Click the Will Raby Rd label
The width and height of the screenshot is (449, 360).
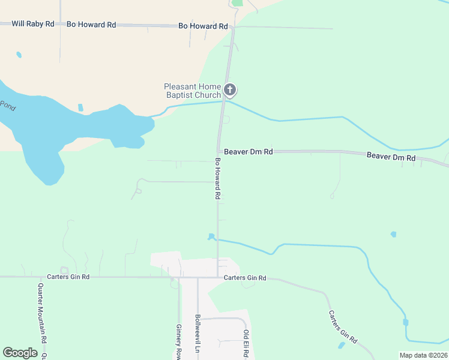pyautogui.click(x=33, y=24)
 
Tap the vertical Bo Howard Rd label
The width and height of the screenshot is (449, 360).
pyautogui.click(x=218, y=179)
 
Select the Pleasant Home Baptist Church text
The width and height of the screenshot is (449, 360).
pyautogui.click(x=193, y=91)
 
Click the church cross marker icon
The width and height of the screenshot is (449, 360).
pyautogui.click(x=229, y=90)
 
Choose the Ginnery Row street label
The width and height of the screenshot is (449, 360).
pyautogui.click(x=178, y=341)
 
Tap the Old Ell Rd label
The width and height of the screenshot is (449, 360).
pyautogui.click(x=246, y=343)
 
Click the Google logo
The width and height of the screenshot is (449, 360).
pyautogui.click(x=20, y=352)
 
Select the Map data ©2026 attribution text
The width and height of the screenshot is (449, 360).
pyautogui.click(x=423, y=355)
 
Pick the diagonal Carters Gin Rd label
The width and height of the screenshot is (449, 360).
pyautogui.click(x=342, y=327)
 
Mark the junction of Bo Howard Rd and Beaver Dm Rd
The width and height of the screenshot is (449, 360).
pyautogui.click(x=218, y=151)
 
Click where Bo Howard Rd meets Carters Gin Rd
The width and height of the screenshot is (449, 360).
pyautogui.click(x=217, y=277)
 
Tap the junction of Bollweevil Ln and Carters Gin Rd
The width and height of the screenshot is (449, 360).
pyautogui.click(x=197, y=277)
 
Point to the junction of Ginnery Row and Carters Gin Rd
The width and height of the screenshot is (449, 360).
pyautogui.click(x=178, y=277)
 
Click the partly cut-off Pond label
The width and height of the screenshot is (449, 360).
pyautogui.click(x=7, y=106)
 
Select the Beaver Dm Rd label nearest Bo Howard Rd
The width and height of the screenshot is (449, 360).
pyautogui.click(x=249, y=152)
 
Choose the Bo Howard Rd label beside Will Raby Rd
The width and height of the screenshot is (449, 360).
pyautogui.click(x=91, y=25)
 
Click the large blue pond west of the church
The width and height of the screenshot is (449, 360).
pyautogui.click(x=72, y=129)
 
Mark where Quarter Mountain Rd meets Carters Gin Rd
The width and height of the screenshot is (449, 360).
pyautogui.click(x=43, y=277)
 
